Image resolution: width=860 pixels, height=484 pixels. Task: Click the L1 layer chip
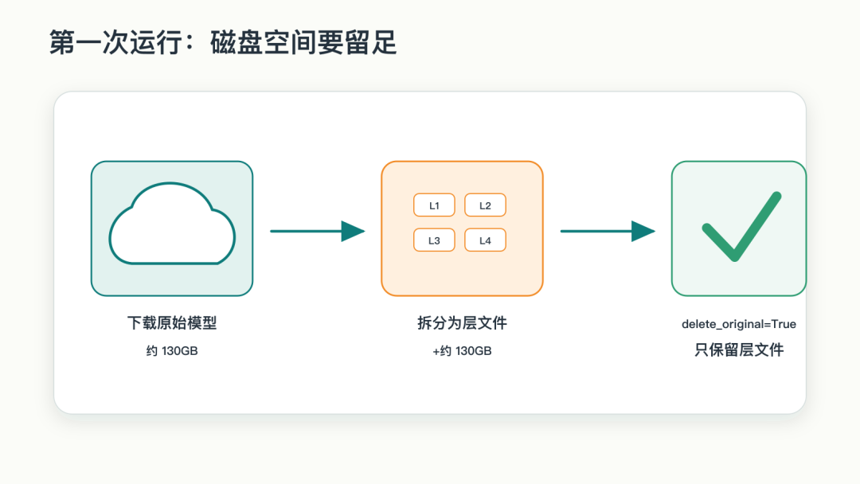pyautogui.click(x=434, y=205)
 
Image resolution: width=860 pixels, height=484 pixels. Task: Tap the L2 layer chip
pyautogui.click(x=485, y=205)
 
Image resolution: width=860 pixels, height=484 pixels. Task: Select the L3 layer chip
pyautogui.click(x=434, y=240)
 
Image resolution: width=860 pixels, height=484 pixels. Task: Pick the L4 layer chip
pyautogui.click(x=485, y=240)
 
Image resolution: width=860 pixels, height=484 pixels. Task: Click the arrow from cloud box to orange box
pyautogui.click(x=318, y=232)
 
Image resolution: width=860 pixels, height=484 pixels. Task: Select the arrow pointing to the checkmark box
pyautogui.click(x=608, y=232)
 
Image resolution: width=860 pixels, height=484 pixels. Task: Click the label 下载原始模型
pyautogui.click(x=172, y=323)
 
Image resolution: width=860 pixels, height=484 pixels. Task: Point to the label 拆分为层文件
pyautogui.click(x=462, y=323)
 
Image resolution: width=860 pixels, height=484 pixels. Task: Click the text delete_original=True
pyautogui.click(x=739, y=324)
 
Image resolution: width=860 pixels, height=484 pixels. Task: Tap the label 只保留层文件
pyautogui.click(x=739, y=349)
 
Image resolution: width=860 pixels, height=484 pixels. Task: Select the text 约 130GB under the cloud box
pyautogui.click(x=172, y=351)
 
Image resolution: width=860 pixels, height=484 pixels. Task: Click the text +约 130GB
pyautogui.click(x=462, y=351)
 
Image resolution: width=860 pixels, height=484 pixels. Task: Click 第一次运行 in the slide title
pyautogui.click(x=115, y=42)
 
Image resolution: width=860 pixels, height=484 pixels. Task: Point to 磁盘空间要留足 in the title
pyautogui.click(x=303, y=42)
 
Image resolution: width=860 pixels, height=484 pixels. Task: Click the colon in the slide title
pyautogui.click(x=190, y=44)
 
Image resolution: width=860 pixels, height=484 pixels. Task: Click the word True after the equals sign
pyautogui.click(x=784, y=324)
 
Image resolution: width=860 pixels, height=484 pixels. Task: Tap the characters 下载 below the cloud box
pyautogui.click(x=142, y=323)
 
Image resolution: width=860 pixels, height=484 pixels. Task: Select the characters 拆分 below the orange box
pyautogui.click(x=432, y=323)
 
